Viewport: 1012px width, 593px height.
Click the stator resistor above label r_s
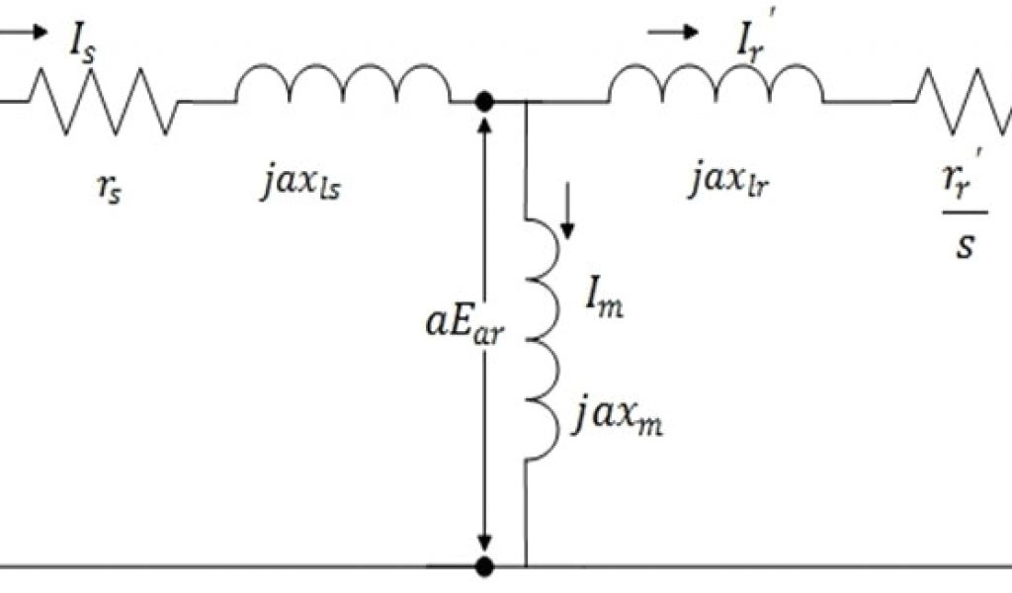(103, 100)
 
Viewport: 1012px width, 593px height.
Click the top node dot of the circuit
(485, 101)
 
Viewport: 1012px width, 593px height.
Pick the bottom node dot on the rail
(485, 567)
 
